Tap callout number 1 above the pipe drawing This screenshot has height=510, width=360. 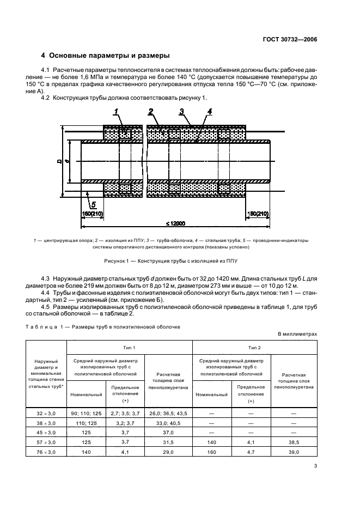coord(116,112)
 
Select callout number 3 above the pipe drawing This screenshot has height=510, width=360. coord(181,112)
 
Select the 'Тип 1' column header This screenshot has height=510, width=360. coord(129,347)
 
